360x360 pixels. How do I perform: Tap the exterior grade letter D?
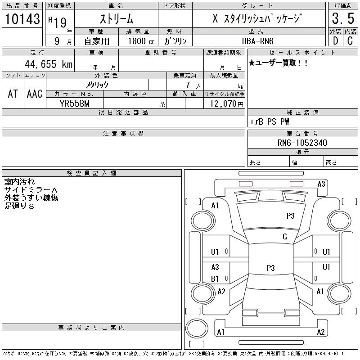coord(335,40)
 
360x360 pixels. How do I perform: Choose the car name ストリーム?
coord(116,19)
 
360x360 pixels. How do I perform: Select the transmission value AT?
coord(13,94)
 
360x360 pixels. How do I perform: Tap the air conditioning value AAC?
coord(35,94)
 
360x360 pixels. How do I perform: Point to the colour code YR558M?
coord(75,103)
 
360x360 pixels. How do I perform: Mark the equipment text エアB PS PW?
coord(270,121)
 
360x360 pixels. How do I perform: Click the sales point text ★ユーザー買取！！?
coord(279,63)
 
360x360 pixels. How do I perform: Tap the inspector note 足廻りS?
coord(19,206)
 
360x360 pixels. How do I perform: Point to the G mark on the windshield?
coord(285,237)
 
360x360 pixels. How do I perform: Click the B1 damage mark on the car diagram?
coord(215,279)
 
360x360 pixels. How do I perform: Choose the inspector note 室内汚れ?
coord(19,182)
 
